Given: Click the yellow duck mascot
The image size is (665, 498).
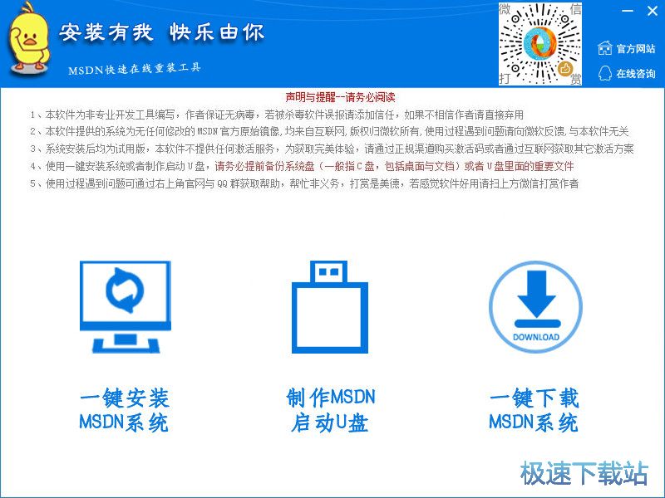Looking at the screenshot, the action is click(28, 38).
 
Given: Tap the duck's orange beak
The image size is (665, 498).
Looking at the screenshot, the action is click(29, 41).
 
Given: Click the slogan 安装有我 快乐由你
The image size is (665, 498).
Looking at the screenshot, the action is click(161, 32).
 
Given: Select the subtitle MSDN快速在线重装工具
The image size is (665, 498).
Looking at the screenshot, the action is click(135, 68).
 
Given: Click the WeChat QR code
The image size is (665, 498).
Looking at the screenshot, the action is click(539, 44).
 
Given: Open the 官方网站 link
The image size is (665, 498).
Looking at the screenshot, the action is click(635, 49).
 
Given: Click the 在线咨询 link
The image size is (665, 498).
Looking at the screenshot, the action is click(635, 74).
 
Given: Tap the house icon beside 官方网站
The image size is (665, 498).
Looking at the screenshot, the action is click(605, 48).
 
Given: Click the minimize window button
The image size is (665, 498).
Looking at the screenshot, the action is click(628, 11).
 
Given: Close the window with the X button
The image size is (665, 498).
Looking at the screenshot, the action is click(653, 11).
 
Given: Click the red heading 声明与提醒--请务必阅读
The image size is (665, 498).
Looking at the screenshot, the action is click(340, 97).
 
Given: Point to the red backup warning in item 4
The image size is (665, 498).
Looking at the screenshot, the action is click(394, 166).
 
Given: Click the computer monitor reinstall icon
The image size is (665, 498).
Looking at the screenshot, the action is click(126, 306).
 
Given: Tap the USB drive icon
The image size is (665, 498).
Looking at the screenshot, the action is click(330, 306).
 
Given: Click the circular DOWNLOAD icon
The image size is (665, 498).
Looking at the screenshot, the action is click(535, 306).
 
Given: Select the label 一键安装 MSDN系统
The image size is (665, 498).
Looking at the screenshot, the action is click(124, 410).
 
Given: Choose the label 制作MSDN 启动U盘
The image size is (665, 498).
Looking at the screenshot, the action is click(330, 410).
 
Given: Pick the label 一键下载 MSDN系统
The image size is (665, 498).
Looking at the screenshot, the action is click(534, 410).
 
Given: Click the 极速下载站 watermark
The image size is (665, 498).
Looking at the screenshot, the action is click(584, 472).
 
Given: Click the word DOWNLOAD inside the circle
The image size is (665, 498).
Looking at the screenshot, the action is click(536, 337).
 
